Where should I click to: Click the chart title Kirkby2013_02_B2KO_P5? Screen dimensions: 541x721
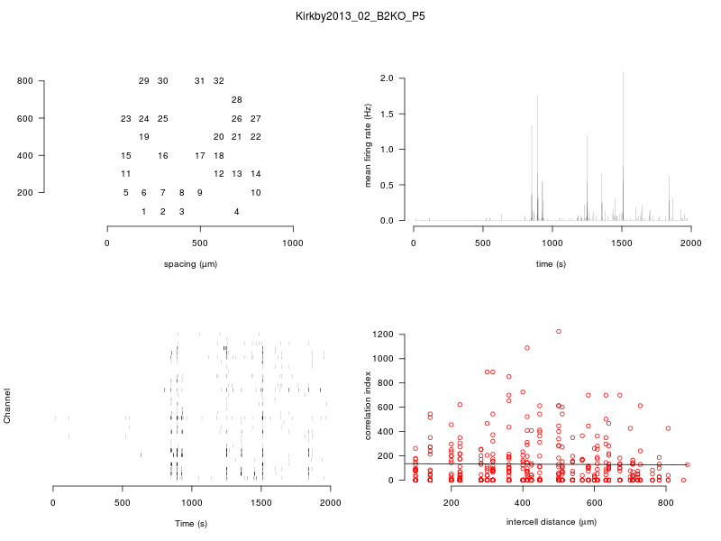click(x=360, y=16)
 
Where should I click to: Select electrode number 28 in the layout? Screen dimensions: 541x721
click(x=236, y=100)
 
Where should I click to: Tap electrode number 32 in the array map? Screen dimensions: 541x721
click(x=218, y=81)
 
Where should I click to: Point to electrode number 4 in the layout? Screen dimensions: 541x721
click(x=236, y=212)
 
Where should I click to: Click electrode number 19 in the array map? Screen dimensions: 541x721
click(x=143, y=137)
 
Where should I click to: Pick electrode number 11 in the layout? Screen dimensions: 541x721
click(x=125, y=174)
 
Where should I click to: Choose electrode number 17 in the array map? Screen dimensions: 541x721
click(x=199, y=156)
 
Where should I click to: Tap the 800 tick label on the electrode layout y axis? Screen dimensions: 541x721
click(x=24, y=81)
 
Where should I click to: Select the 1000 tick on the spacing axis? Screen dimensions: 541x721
click(x=293, y=243)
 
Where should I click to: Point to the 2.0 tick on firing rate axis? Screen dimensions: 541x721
click(x=387, y=78)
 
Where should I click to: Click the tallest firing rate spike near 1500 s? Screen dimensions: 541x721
click(x=623, y=74)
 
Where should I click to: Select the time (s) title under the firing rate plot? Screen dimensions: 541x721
click(x=552, y=264)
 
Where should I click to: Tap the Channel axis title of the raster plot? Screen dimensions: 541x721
click(x=8, y=407)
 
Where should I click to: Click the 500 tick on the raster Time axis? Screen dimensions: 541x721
click(x=192, y=502)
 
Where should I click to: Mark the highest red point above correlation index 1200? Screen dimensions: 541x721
click(x=559, y=332)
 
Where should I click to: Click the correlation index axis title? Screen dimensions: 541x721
click(x=368, y=407)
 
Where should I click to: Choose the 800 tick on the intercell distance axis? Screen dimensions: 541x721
click(x=666, y=502)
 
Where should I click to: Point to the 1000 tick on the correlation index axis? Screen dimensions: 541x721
click(x=384, y=359)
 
